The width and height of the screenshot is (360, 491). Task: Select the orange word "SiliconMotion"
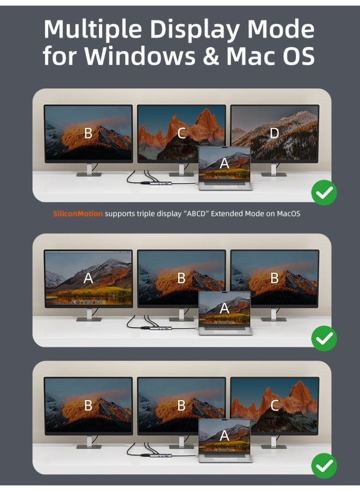tap(78, 214)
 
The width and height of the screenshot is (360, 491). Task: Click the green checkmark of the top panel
tap(324, 193)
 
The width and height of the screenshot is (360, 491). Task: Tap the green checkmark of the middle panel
tap(324, 338)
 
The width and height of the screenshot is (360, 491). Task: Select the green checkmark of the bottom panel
tap(324, 466)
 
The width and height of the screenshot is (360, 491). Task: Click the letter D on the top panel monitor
tap(274, 133)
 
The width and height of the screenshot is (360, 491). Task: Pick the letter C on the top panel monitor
tap(182, 133)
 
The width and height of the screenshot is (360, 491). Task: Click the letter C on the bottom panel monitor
tap(274, 405)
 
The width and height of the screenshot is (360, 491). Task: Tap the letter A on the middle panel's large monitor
tap(89, 278)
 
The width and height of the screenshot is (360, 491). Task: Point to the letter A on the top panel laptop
tap(224, 163)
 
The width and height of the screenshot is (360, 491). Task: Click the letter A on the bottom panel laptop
tap(224, 435)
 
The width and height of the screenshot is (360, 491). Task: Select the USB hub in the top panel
tap(160, 182)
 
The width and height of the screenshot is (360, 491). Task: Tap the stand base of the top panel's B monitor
tap(89, 174)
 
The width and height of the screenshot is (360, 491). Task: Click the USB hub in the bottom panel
tap(160, 455)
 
